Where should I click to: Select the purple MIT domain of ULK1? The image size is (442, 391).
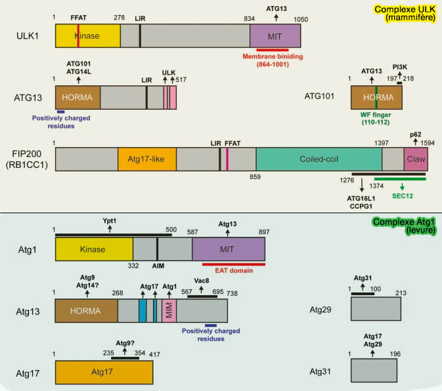point(275,35)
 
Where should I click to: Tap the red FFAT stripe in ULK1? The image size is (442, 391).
point(78,35)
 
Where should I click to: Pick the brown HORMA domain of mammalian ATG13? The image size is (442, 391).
point(77,97)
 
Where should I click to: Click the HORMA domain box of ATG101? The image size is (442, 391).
point(376,97)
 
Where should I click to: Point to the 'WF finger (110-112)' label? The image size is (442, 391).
point(376,117)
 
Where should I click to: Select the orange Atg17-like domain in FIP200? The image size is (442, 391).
point(146,160)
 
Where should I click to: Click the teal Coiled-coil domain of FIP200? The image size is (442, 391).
point(319,160)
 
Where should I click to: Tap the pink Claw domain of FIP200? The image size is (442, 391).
point(415,160)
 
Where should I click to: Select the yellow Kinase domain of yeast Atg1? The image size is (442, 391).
point(93,249)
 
